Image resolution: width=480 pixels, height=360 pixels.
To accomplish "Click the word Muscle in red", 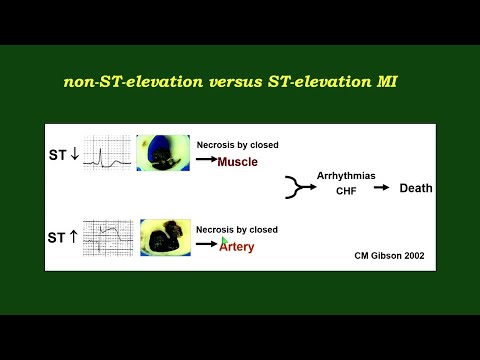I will [238, 162].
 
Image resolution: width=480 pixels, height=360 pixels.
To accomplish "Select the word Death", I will [417, 188].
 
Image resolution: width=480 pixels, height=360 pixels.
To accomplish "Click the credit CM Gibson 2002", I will [390, 256].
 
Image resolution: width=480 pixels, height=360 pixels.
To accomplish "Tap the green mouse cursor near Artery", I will [225, 241].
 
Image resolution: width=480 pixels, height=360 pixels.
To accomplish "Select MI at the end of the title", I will [386, 82].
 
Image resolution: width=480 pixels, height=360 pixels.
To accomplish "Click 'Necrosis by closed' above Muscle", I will [237, 145].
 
